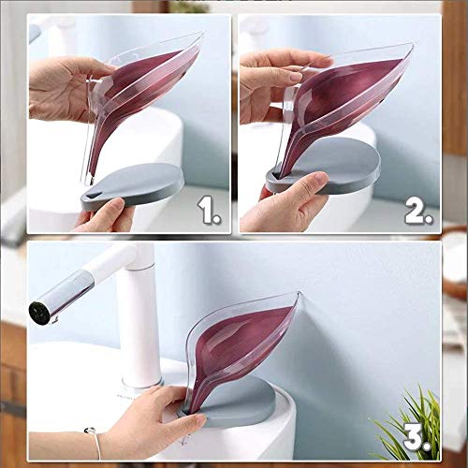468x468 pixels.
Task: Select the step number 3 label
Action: [417, 438]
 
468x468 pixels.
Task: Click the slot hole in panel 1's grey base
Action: [93, 197]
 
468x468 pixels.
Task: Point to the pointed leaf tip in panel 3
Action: [299, 292]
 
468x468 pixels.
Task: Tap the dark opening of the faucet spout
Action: [39, 313]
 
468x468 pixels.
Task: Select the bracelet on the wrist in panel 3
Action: [95, 443]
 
